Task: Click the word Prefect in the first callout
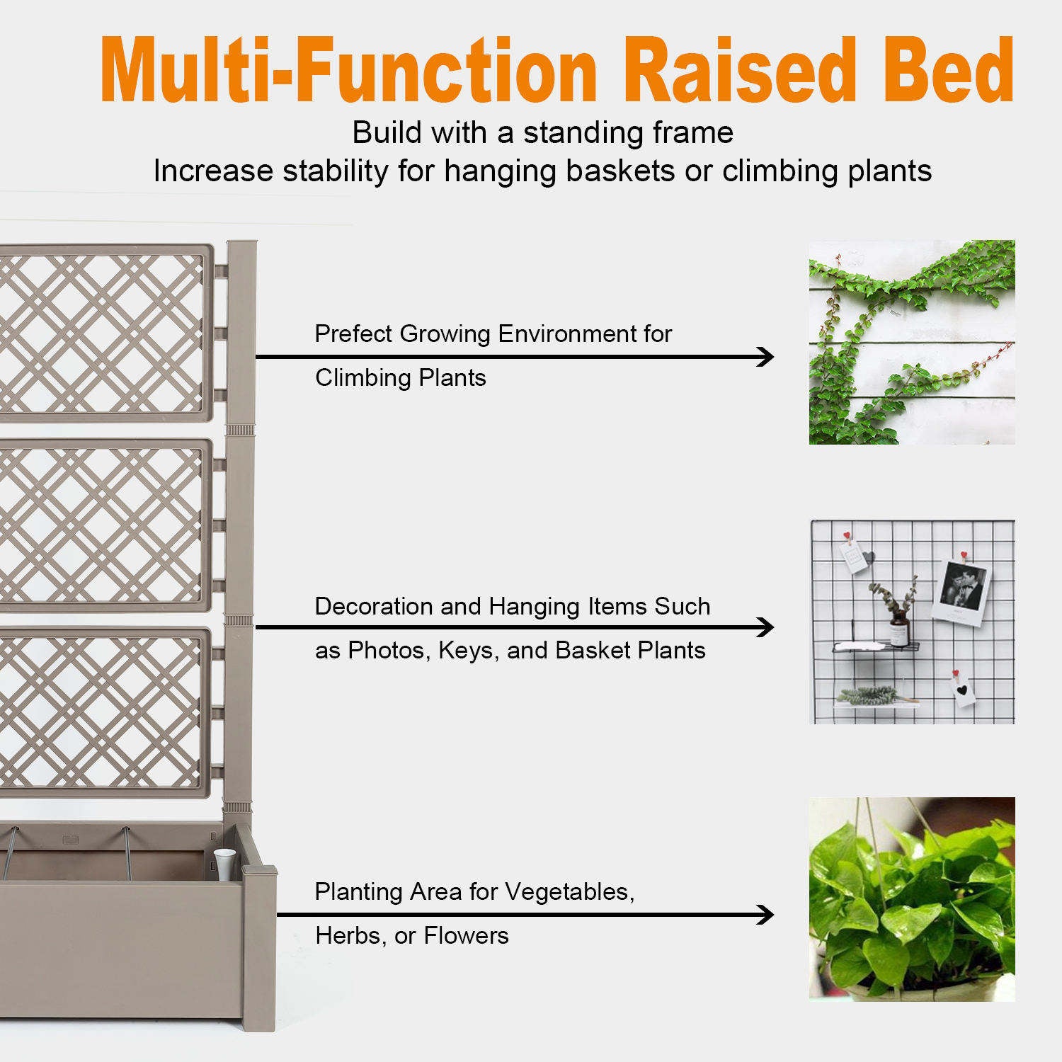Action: [x=353, y=333]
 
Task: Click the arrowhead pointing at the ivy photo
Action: [x=765, y=356]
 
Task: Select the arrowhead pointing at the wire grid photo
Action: [x=765, y=627]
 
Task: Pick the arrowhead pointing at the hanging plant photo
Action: [x=765, y=915]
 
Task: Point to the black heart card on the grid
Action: [x=961, y=690]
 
